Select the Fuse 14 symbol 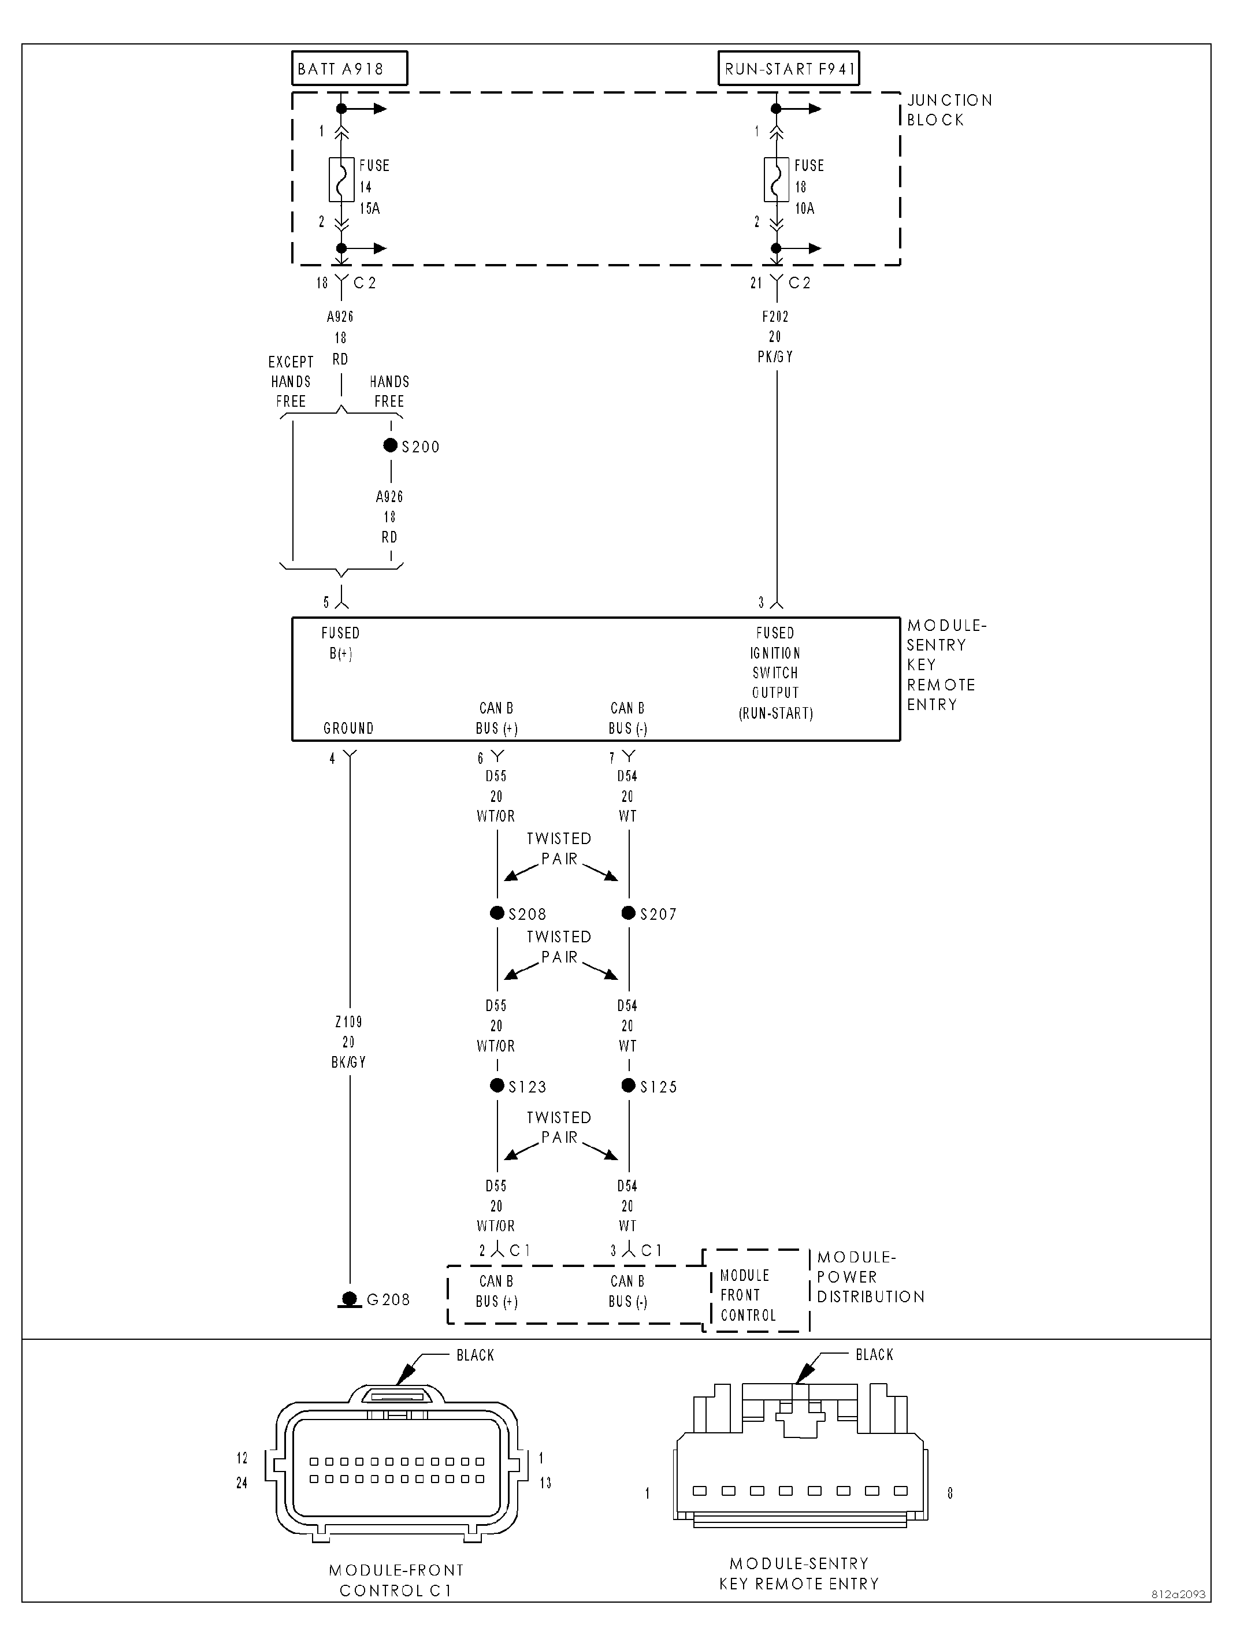point(341,179)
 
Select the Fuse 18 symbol point(776,179)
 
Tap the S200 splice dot point(390,445)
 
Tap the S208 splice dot point(497,913)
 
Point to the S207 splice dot point(629,913)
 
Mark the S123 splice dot point(497,1086)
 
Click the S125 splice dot point(629,1086)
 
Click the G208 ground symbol point(350,1299)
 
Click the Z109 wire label point(348,1021)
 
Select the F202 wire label point(775,316)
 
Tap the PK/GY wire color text point(775,357)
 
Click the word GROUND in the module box point(348,729)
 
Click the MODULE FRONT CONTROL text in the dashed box point(747,1295)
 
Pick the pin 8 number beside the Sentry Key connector point(949,1493)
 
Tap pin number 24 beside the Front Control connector point(242,1483)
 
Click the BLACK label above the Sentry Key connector point(874,1354)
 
